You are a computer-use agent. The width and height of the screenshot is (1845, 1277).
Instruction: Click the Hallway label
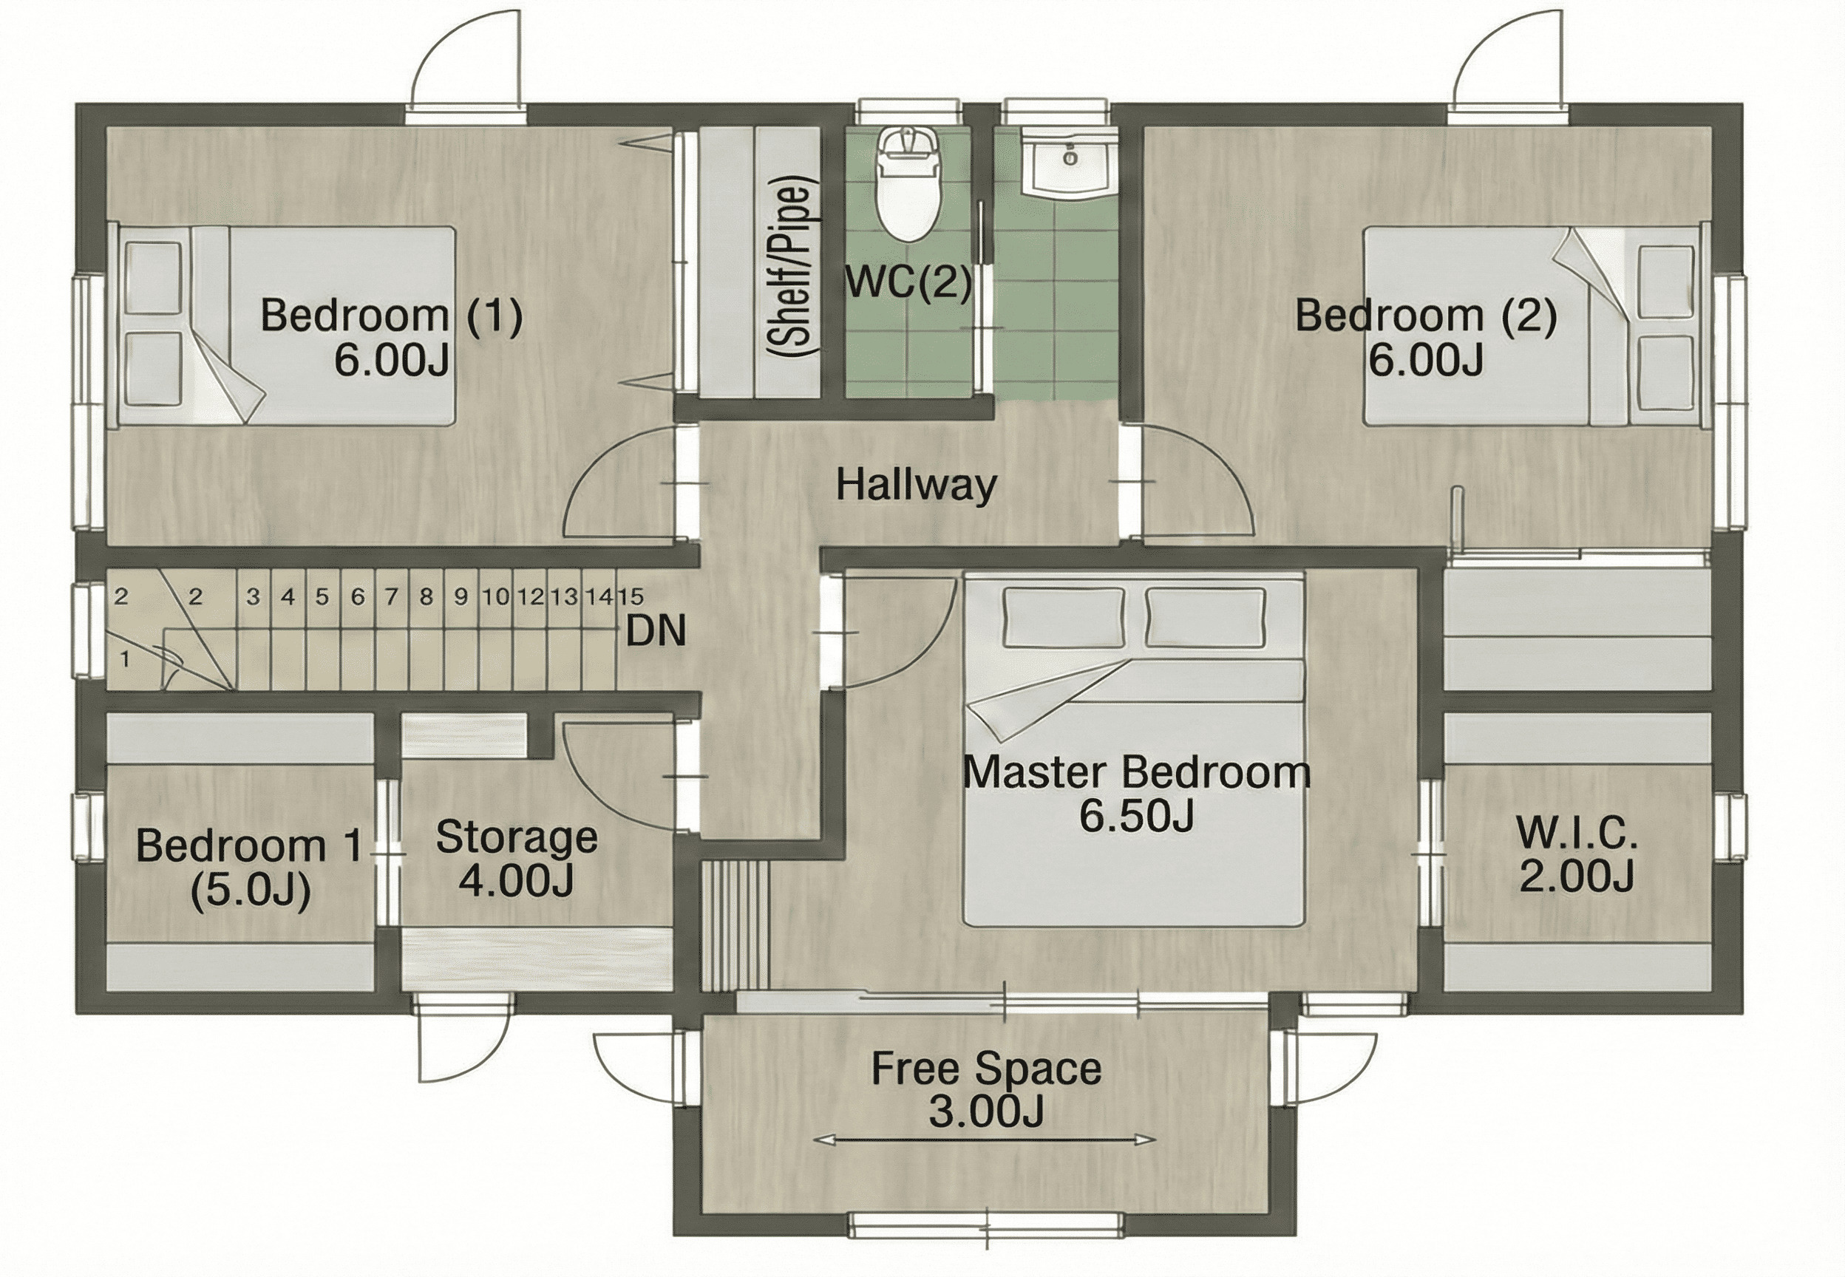[x=917, y=485]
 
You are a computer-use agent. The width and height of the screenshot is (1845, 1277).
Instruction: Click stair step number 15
[x=631, y=596]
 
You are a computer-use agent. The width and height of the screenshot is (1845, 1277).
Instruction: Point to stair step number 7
[x=391, y=596]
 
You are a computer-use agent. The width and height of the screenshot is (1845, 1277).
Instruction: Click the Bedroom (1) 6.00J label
[x=391, y=337]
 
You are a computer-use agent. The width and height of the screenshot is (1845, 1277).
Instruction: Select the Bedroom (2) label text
[x=1426, y=316]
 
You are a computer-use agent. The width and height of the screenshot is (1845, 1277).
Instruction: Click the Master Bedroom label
[x=1137, y=773]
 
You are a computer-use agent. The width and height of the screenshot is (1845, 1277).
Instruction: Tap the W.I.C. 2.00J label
[x=1576, y=855]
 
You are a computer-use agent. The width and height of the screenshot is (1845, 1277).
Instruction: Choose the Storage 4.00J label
[x=517, y=859]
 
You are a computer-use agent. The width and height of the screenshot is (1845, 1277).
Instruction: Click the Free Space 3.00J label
[x=987, y=1089]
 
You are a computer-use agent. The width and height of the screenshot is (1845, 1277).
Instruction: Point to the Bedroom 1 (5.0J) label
[x=250, y=868]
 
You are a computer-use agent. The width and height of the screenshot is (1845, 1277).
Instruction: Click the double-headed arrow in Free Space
[x=984, y=1140]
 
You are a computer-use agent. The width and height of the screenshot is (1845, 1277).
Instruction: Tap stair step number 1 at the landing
[x=125, y=659]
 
